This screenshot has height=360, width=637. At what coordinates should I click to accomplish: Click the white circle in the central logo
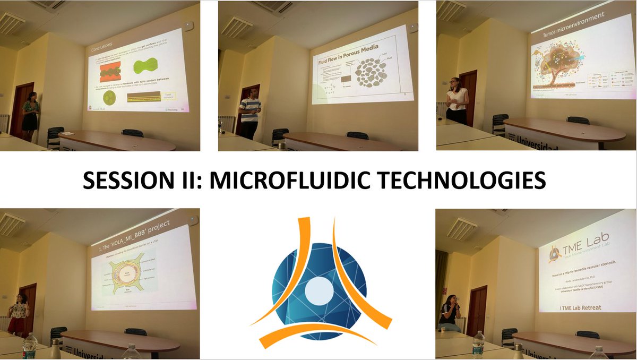[318, 290]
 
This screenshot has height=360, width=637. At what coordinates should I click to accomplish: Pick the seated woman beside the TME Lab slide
[449, 313]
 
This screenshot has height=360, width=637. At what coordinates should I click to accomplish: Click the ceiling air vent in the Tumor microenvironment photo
[451, 10]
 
